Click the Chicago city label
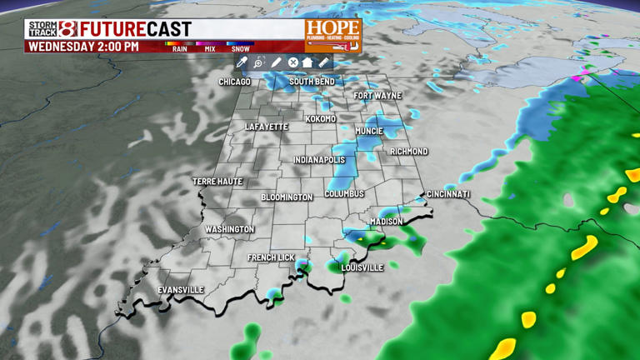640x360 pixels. (x=234, y=82)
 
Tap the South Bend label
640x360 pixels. (x=312, y=82)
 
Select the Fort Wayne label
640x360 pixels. (x=377, y=96)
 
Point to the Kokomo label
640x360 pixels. (x=321, y=119)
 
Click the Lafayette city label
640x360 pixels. (x=267, y=127)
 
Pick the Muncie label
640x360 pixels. (x=368, y=132)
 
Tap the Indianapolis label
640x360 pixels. (x=319, y=160)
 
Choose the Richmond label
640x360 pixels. (x=409, y=152)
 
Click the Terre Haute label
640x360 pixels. (x=217, y=182)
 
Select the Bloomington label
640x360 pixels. (x=287, y=197)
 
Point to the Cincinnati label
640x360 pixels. (x=448, y=194)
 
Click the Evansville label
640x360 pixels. (x=181, y=290)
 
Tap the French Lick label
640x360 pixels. (x=271, y=258)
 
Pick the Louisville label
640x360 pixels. (x=362, y=268)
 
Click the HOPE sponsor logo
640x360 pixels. (x=332, y=34)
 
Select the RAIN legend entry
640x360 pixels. (x=179, y=47)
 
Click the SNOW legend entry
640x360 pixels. (x=240, y=47)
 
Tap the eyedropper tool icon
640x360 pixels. (x=242, y=62)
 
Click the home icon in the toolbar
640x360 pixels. (x=307, y=62)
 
